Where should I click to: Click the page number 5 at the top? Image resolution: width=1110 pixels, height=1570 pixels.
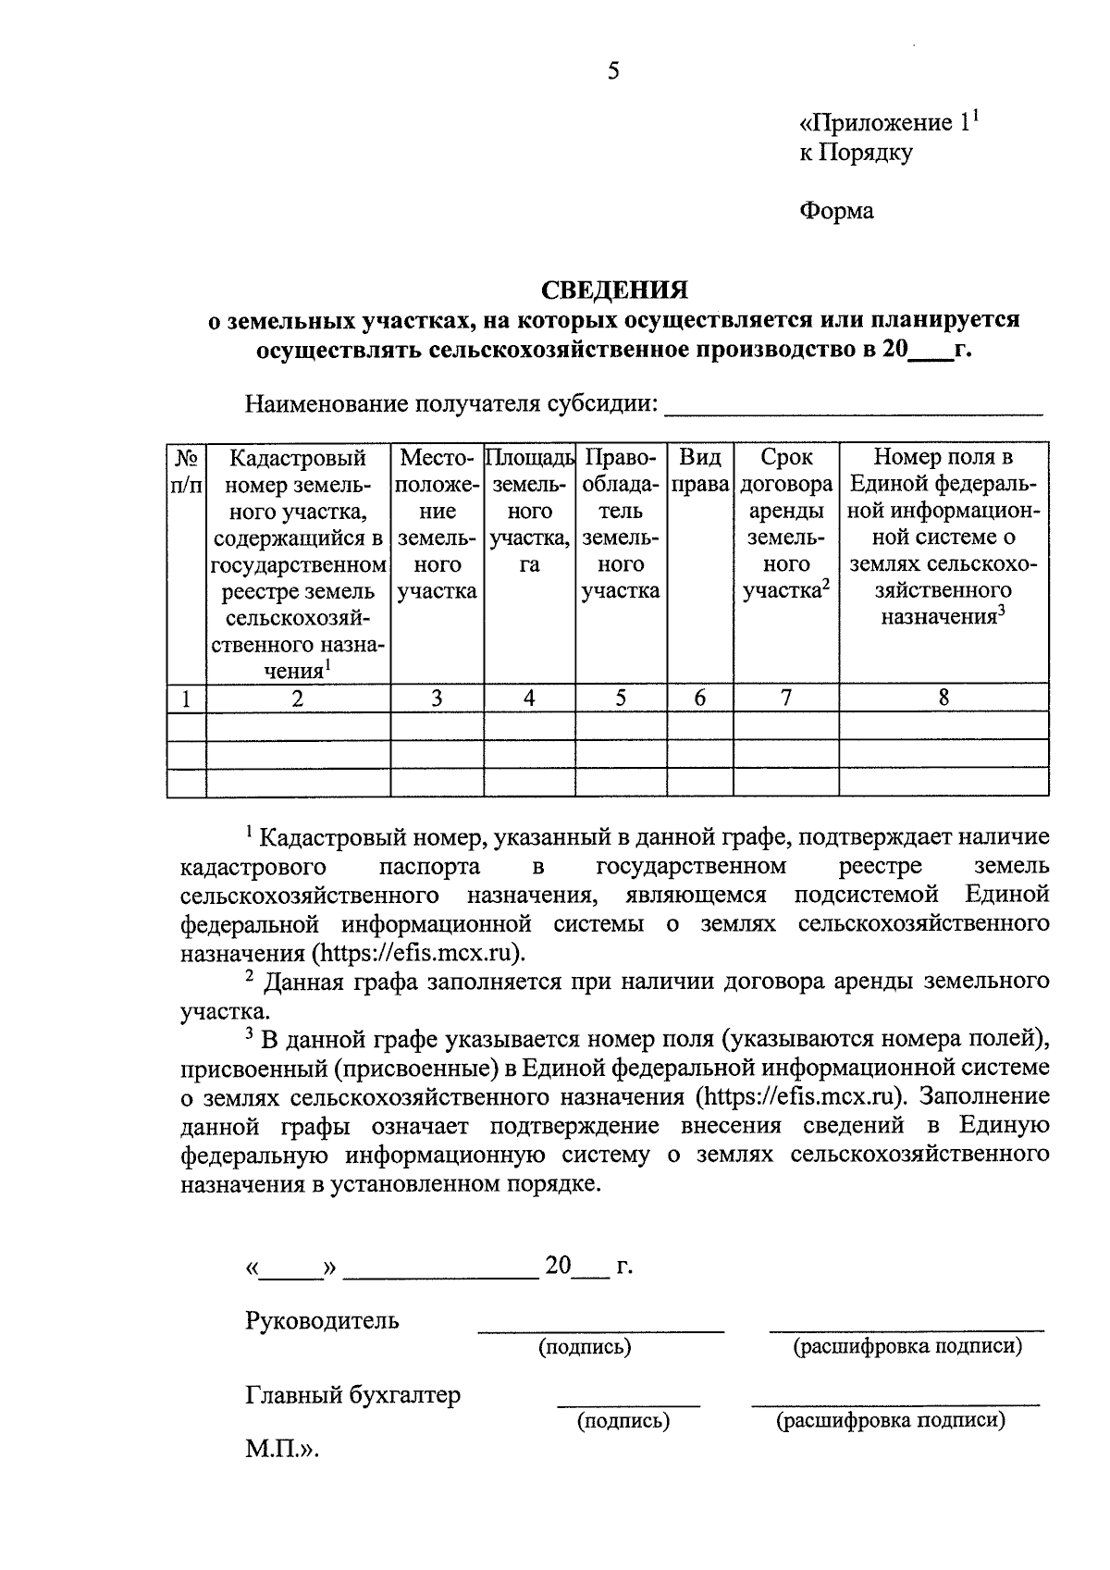(x=613, y=71)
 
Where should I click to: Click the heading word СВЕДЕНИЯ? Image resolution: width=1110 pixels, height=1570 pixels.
(x=614, y=291)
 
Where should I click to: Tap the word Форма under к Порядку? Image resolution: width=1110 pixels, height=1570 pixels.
(x=836, y=212)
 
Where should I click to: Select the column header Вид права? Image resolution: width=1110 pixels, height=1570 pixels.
(x=700, y=471)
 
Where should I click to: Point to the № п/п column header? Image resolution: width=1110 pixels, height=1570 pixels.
(x=186, y=471)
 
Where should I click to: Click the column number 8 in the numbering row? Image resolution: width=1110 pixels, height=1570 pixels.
(x=943, y=698)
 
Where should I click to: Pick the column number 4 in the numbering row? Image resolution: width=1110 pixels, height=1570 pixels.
(x=529, y=698)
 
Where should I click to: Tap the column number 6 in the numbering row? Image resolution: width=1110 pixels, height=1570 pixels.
(x=700, y=698)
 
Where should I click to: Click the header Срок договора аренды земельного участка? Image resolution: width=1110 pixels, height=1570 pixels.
(x=786, y=524)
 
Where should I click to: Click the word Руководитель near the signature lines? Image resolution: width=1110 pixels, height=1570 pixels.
(x=322, y=1320)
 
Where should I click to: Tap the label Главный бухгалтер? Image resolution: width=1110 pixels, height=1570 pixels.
(x=352, y=1395)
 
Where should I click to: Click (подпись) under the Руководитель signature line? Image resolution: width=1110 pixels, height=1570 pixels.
(x=585, y=1347)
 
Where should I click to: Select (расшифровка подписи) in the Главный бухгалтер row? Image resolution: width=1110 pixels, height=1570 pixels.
(x=890, y=1420)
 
